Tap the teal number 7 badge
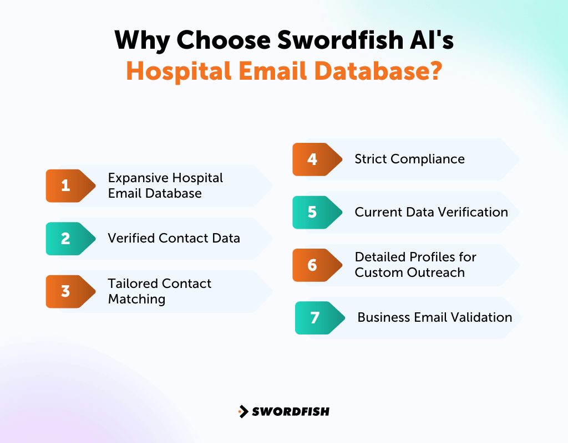pos(315,318)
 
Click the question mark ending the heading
pos(434,71)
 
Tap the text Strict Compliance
pos(409,159)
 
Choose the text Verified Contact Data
pos(174,238)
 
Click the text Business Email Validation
pos(434,317)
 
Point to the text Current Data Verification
pos(431,212)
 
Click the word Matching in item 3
pos(136,299)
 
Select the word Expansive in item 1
pos(138,178)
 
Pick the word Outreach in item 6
pos(440,272)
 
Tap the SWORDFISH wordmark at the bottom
pos(291,411)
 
